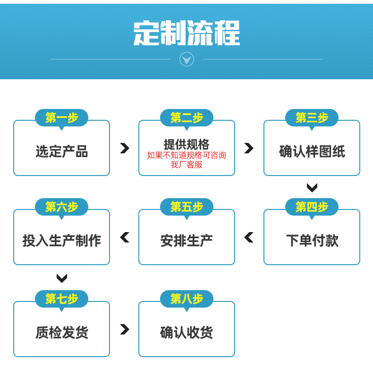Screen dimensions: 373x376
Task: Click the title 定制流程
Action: (x=186, y=33)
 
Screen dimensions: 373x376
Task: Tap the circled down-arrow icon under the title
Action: (x=187, y=59)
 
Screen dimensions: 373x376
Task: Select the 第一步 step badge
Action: (x=62, y=118)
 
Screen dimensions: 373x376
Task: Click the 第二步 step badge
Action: (x=187, y=118)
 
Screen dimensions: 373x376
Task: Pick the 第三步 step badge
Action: (x=312, y=118)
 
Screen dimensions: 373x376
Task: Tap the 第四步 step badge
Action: (x=312, y=207)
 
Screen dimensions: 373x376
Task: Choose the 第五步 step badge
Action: (x=187, y=207)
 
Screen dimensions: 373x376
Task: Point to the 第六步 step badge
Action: (x=62, y=207)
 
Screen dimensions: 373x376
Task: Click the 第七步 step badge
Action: (x=62, y=299)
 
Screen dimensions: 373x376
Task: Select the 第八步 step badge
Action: (x=187, y=299)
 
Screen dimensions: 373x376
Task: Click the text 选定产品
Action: (x=62, y=151)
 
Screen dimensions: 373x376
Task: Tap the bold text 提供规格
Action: (x=186, y=144)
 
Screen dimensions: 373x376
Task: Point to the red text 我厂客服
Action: (x=186, y=165)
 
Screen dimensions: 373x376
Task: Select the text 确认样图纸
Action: (x=312, y=151)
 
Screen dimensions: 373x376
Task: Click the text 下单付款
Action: (x=312, y=241)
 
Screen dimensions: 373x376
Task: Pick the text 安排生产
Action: (x=186, y=241)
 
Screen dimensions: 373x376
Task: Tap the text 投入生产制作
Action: (x=62, y=241)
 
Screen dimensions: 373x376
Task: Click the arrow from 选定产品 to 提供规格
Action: (x=125, y=148)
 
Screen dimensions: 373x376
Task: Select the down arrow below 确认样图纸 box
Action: (x=312, y=187)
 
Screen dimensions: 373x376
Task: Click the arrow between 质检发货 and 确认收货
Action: (x=125, y=329)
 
